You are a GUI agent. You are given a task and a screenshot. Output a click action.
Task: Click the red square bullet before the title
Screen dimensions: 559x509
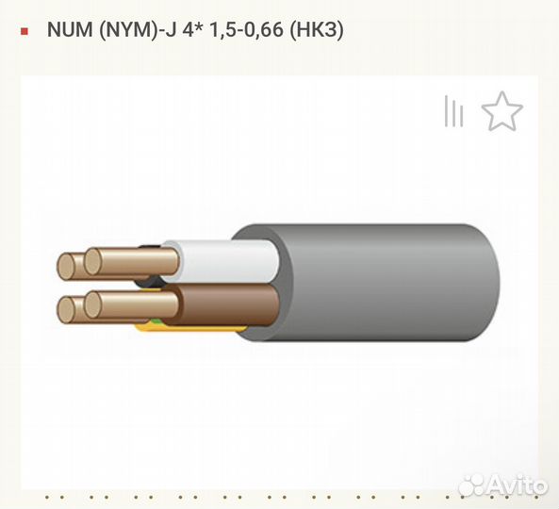tap(25, 31)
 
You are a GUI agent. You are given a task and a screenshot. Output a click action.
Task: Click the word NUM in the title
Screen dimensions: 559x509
tap(70, 29)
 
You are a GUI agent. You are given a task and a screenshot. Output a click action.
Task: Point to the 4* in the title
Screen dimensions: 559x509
tap(193, 29)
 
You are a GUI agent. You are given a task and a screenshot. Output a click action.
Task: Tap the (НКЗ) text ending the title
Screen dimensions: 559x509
tap(317, 30)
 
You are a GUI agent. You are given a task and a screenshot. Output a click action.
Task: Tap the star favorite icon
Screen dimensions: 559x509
tap(502, 111)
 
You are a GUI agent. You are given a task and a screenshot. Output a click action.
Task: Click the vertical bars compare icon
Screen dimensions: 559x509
tap(453, 111)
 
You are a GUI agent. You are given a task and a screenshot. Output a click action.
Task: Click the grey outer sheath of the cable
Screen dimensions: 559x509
tap(385, 282)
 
